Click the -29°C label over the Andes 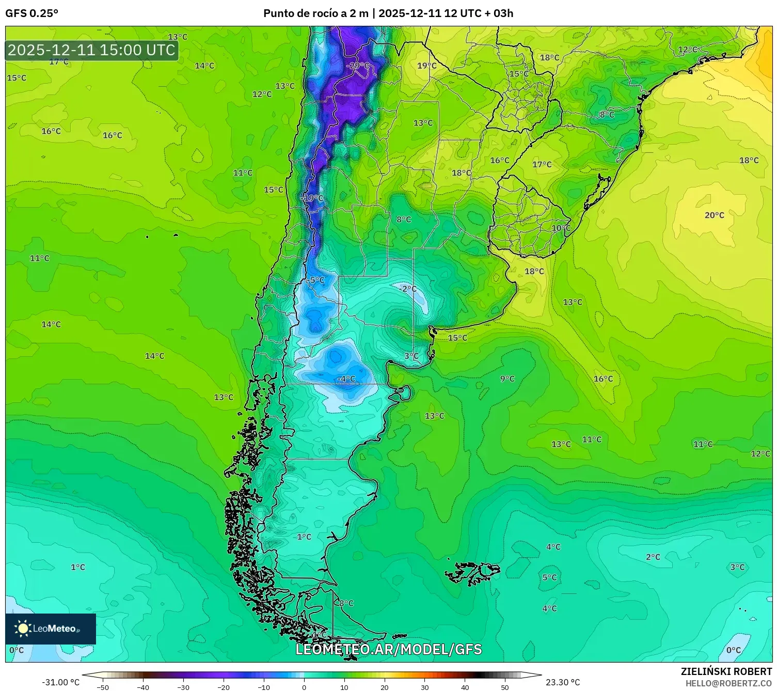point(358,66)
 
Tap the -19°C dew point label point(312,198)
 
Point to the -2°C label point(408,289)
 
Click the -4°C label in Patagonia point(346,379)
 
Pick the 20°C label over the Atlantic point(715,215)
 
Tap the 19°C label point(427,66)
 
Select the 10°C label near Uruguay point(561,228)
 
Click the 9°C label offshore point(508,379)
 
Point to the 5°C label point(550,577)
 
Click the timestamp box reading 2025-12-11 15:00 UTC point(92,50)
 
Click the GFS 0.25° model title point(32,13)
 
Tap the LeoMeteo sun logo point(23,629)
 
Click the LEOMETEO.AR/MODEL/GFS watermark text point(388,649)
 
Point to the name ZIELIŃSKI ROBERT point(726,671)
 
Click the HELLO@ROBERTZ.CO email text point(728,683)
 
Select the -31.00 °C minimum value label point(61,682)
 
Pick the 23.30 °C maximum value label point(563,682)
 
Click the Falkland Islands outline point(472,573)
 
